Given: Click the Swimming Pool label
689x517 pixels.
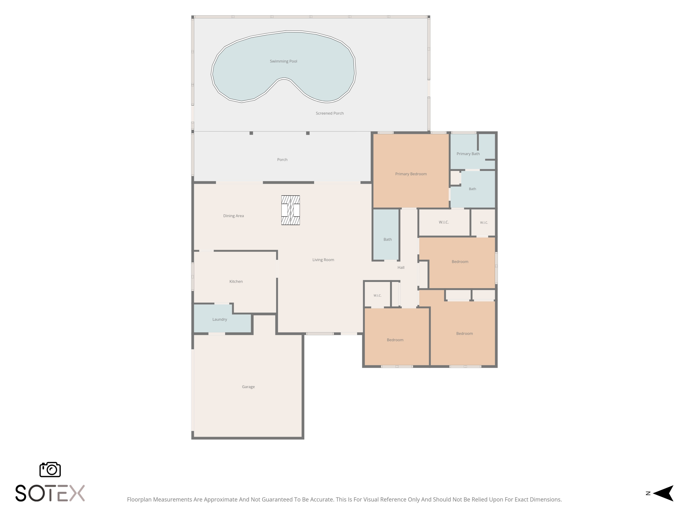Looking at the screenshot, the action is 283,61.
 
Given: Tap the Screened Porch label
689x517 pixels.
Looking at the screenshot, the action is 330,113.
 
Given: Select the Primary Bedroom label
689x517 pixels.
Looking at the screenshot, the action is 411,174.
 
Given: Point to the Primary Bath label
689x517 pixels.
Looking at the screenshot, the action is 468,154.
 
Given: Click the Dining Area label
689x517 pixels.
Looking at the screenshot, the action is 233,216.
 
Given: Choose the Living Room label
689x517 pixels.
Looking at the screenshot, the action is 323,260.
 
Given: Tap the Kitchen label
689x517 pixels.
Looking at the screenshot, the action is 236,281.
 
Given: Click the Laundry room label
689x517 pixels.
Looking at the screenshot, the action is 220,319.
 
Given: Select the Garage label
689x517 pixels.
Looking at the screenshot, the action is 248,387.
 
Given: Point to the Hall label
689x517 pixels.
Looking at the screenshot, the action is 401,267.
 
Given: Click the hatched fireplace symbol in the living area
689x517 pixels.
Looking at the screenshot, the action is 290,210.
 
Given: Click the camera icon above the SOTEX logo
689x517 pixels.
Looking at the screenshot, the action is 50,469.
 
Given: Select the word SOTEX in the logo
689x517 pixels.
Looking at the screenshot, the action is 50,493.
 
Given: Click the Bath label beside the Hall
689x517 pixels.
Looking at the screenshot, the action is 387,239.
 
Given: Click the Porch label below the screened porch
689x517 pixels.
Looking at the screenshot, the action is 282,159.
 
